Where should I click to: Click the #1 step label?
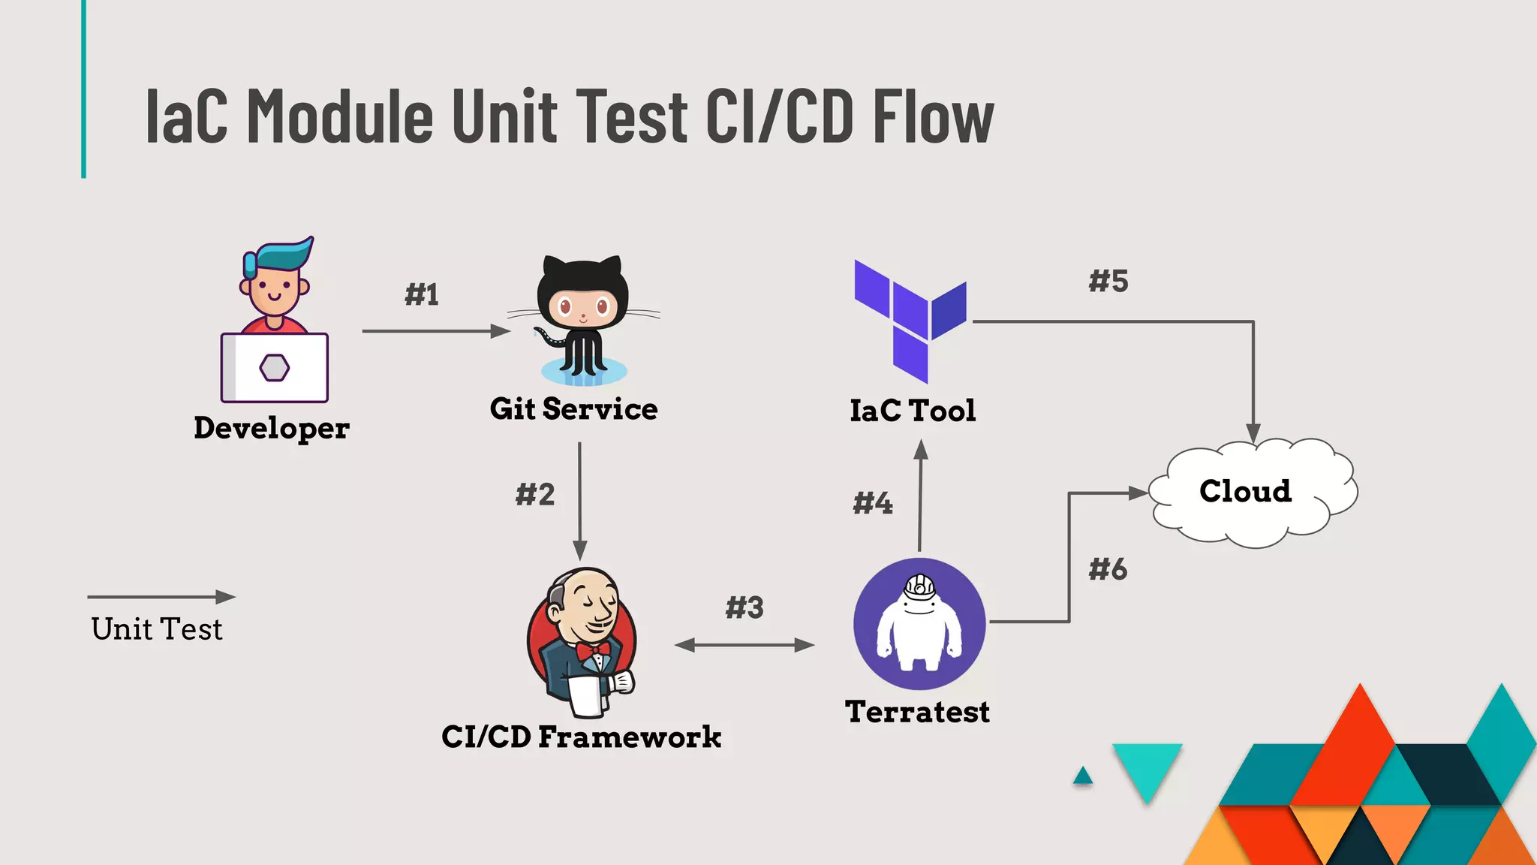pyautogui.click(x=422, y=294)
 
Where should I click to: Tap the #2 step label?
pyautogui.click(x=535, y=494)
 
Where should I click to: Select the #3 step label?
pyautogui.click(x=744, y=607)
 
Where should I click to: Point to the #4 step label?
pyautogui.click(x=873, y=502)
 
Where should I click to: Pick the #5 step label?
pyautogui.click(x=1108, y=281)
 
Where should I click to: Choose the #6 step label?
pyautogui.click(x=1108, y=569)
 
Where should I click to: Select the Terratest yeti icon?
pyautogui.click(x=919, y=623)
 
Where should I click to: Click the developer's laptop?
pyautogui.click(x=275, y=368)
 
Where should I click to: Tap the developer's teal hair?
pyautogui.click(x=281, y=255)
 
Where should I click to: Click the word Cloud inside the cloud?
pyautogui.click(x=1245, y=491)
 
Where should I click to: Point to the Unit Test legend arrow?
pyautogui.click(x=161, y=597)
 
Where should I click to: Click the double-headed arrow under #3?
pyautogui.click(x=744, y=645)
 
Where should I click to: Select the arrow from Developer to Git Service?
pyautogui.click(x=435, y=331)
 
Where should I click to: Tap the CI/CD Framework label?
pyautogui.click(x=581, y=737)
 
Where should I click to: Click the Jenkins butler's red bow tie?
pyautogui.click(x=593, y=650)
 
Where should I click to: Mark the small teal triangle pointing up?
pyautogui.click(x=1082, y=776)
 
